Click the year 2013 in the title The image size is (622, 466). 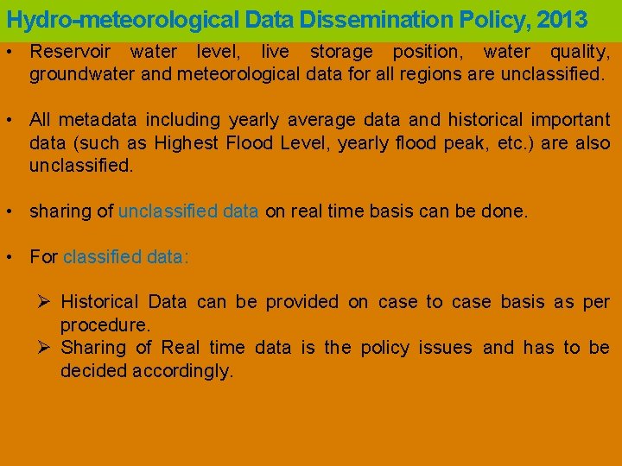coord(562,19)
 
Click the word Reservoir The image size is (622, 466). coord(70,52)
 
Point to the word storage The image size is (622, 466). coord(341,52)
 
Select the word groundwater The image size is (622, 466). coord(82,74)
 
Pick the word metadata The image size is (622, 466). coord(101,119)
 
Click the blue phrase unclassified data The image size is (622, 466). coord(188,211)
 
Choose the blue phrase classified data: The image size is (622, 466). coord(126,256)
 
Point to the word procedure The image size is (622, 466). coord(105,325)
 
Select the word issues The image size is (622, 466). coord(446,348)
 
